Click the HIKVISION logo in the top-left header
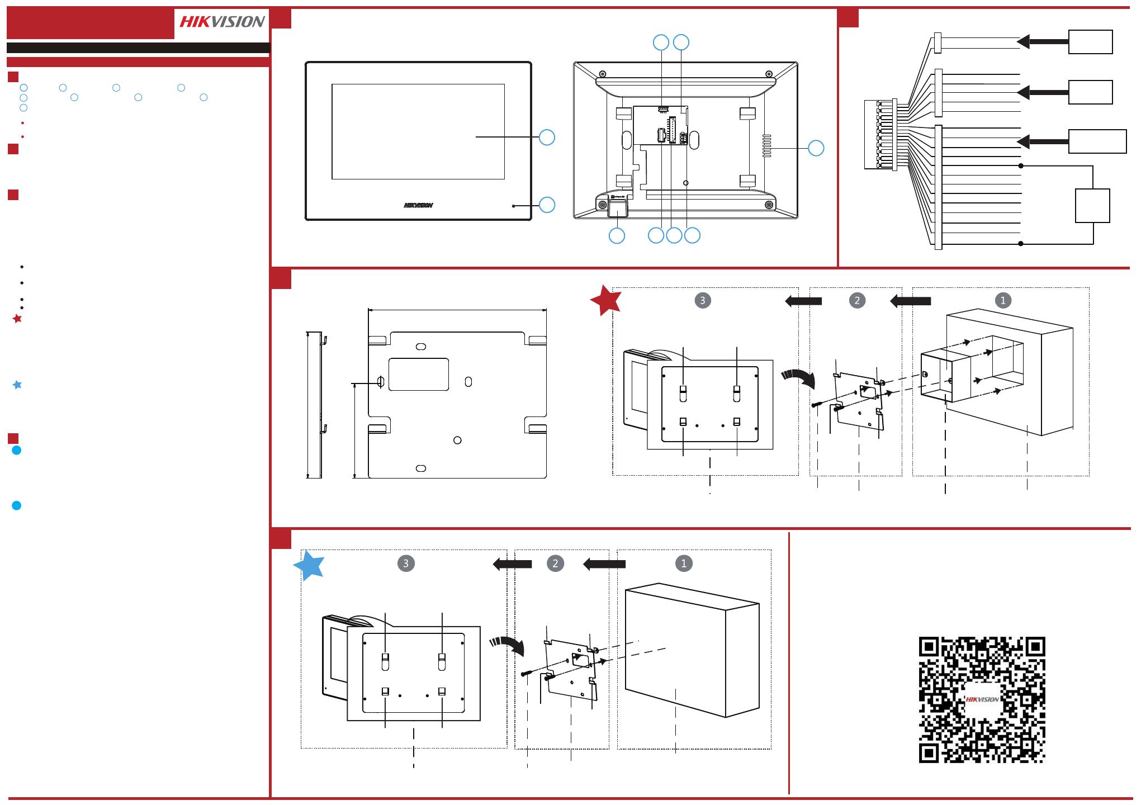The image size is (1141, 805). coord(222,22)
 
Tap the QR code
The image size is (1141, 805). coord(982,700)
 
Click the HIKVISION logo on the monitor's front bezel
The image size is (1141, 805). coord(418,205)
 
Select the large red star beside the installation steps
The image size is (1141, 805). coord(606,300)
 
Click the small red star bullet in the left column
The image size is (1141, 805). coord(17,319)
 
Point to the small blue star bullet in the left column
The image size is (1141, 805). coord(17,385)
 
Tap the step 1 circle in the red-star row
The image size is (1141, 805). coord(1003,300)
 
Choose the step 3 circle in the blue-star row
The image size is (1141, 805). coord(406,563)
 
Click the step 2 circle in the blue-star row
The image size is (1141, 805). coord(555,563)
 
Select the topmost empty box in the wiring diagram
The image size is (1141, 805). coord(1090,42)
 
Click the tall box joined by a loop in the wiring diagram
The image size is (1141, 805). coord(1093,206)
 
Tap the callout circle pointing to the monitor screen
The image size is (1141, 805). coord(547,137)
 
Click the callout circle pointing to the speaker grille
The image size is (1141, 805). coord(816,148)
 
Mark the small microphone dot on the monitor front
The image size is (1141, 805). coord(514,206)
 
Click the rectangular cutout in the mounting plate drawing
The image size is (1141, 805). coord(419,374)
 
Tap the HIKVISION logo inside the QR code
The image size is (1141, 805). coord(982,699)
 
